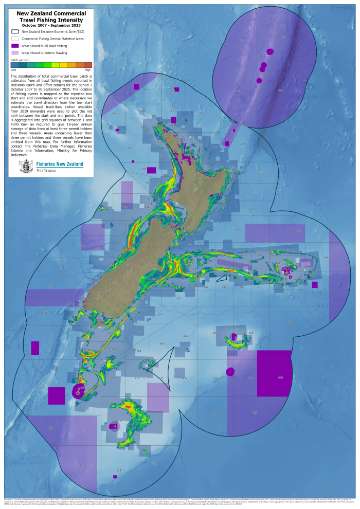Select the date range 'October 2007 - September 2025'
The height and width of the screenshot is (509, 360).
pyautogui.click(x=51, y=25)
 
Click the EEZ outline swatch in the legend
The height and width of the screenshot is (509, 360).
pyautogui.click(x=15, y=31)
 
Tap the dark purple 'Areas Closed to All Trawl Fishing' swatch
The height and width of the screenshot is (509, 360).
pyautogui.click(x=15, y=46)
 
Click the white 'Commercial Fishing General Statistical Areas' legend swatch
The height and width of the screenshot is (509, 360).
pyautogui.click(x=15, y=39)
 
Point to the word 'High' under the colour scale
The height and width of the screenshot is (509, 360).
pyautogui.click(x=87, y=69)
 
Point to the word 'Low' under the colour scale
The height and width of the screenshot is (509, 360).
pyautogui.click(x=13, y=69)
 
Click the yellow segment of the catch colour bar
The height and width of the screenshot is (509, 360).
pyautogui.click(x=63, y=65)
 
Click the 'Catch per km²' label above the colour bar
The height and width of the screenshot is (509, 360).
pyautogui.click(x=20, y=60)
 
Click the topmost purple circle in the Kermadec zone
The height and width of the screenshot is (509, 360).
pyautogui.click(x=269, y=51)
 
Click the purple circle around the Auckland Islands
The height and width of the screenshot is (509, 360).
pyautogui.click(x=78, y=391)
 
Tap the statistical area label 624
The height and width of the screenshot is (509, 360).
pyautogui.click(x=119, y=470)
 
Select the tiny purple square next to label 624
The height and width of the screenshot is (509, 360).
pyautogui.click(x=115, y=477)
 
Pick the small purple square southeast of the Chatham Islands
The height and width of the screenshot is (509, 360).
pyautogui.click(x=315, y=284)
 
